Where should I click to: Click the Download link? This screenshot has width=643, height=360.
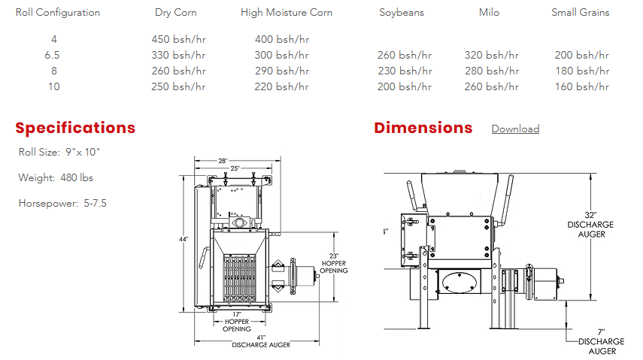pyautogui.click(x=515, y=129)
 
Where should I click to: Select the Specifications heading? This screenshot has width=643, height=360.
pyautogui.click(x=75, y=128)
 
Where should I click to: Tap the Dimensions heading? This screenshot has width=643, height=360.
pyautogui.click(x=423, y=128)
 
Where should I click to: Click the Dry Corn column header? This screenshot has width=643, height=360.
pyautogui.click(x=176, y=13)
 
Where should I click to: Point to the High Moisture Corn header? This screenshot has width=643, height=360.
pyautogui.click(x=287, y=13)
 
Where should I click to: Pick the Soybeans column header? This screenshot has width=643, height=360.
pyautogui.click(x=402, y=13)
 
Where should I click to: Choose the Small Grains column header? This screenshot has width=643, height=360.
pyautogui.click(x=581, y=13)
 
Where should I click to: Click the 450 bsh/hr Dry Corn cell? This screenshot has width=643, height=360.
pyautogui.click(x=178, y=39)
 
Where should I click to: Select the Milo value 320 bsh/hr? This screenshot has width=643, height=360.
pyautogui.click(x=492, y=55)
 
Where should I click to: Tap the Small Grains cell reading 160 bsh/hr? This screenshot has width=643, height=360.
pyautogui.click(x=582, y=86)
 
